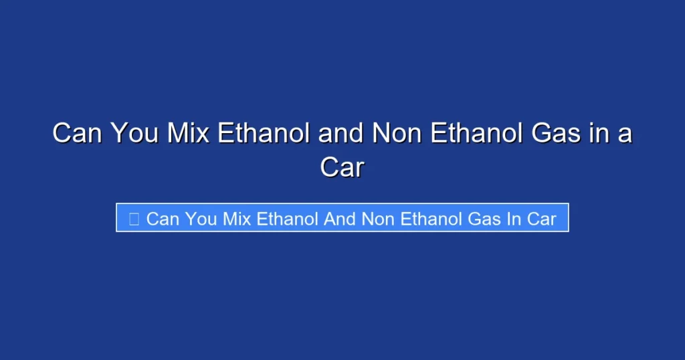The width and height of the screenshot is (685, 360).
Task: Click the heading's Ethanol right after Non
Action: click(x=473, y=134)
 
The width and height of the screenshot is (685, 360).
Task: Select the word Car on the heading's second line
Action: click(x=342, y=167)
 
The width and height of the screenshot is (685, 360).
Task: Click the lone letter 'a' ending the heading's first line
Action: click(x=624, y=134)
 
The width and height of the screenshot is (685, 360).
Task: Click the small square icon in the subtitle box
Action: click(x=134, y=219)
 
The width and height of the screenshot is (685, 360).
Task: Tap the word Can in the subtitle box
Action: click(x=162, y=219)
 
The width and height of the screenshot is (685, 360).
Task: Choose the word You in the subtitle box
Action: click(x=201, y=219)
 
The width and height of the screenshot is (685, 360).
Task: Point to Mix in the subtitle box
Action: click(x=237, y=219)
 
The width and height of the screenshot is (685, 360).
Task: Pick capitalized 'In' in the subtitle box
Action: click(x=514, y=219)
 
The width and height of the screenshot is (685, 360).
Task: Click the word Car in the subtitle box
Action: click(x=542, y=219)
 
